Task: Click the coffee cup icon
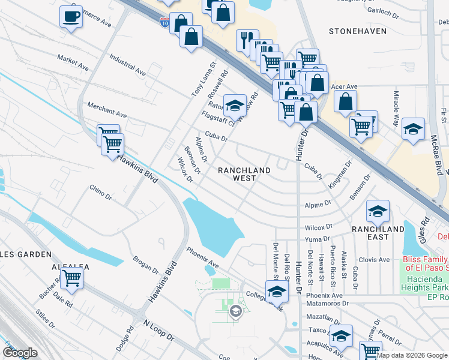pyautogui.click(x=71, y=16)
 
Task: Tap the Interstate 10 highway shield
pyautogui.click(x=164, y=22)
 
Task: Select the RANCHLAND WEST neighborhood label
pyautogui.click(x=244, y=175)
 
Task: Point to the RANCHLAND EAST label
pyautogui.click(x=378, y=233)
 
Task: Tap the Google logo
pyautogui.click(x=20, y=353)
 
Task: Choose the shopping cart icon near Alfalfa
pyautogui.click(x=71, y=278)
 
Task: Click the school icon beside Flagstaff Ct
pyautogui.click(x=235, y=106)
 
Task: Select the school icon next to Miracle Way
pyautogui.click(x=413, y=130)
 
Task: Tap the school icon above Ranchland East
pyautogui.click(x=378, y=211)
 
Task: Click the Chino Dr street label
pyautogui.click(x=100, y=192)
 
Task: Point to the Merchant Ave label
pyautogui.click(x=107, y=110)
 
